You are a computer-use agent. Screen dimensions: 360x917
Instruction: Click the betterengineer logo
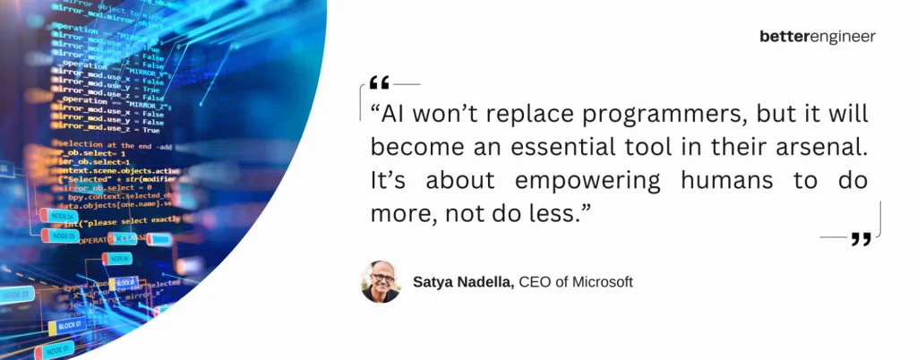[817, 37]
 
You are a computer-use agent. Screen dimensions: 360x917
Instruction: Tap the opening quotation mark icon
[379, 83]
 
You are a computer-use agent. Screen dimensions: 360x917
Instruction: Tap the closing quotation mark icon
[861, 238]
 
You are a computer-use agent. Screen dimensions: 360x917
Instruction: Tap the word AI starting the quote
[394, 116]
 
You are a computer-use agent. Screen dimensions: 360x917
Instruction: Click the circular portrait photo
[381, 282]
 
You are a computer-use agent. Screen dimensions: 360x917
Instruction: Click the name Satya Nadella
[463, 282]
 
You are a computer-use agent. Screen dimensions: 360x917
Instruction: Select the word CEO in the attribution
[535, 282]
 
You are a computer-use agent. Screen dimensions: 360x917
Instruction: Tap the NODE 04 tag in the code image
[58, 215]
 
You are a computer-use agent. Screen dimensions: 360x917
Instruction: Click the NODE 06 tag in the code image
[118, 258]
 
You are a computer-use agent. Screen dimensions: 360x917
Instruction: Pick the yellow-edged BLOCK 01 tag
[68, 325]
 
